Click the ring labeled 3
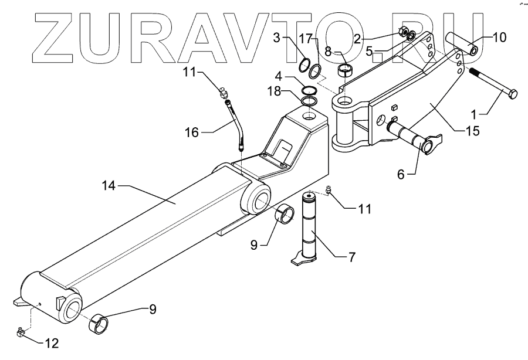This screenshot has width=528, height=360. click(305, 65)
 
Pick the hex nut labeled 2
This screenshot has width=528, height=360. click(402, 33)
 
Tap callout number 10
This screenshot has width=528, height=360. click(499, 38)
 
